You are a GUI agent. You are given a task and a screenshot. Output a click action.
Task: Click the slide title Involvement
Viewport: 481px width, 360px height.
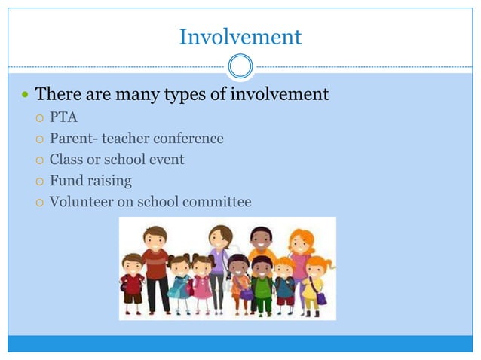click(x=240, y=36)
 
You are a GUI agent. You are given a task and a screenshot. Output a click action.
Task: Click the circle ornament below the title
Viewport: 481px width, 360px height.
click(x=240, y=67)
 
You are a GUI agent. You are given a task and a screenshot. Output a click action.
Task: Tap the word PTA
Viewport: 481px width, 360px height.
click(x=63, y=117)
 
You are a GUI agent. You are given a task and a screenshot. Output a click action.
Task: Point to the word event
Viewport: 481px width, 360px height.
click(x=166, y=160)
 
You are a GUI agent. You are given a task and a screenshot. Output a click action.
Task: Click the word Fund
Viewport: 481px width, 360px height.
click(x=64, y=181)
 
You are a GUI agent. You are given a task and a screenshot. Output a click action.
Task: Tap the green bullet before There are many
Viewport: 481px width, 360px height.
click(x=25, y=96)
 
